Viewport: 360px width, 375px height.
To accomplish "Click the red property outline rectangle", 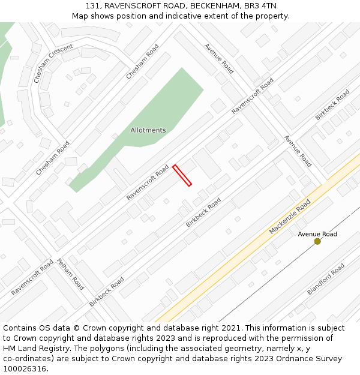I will pyautogui.click(x=182, y=175).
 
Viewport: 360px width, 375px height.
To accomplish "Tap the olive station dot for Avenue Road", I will pyautogui.click(x=317, y=241).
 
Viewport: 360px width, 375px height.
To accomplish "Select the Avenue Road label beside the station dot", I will pyautogui.click(x=317, y=234).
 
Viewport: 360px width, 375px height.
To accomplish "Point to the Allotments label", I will pyautogui.click(x=148, y=130).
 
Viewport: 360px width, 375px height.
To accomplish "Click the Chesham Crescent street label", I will pyautogui.click(x=53, y=64).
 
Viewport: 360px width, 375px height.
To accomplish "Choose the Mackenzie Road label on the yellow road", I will pyautogui.click(x=289, y=217).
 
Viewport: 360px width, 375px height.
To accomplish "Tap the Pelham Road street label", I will pyautogui.click(x=70, y=274).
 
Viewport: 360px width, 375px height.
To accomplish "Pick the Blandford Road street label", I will pyautogui.click(x=326, y=279).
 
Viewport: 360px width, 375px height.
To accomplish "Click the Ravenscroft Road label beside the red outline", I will pyautogui.click(x=148, y=182).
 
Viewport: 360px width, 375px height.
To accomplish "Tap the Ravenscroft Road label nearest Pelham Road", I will pyautogui.click(x=32, y=277).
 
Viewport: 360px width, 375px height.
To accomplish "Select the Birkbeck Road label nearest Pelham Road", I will pyautogui.click(x=107, y=292).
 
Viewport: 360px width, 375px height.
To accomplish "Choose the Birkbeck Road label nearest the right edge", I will pyautogui.click(x=332, y=105).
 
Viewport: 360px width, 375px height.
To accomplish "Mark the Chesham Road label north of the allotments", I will pyautogui.click(x=142, y=61).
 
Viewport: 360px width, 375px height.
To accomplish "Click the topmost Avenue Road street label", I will pyautogui.click(x=218, y=58).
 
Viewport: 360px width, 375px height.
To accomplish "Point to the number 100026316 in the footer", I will pyautogui.click(x=24, y=368).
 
